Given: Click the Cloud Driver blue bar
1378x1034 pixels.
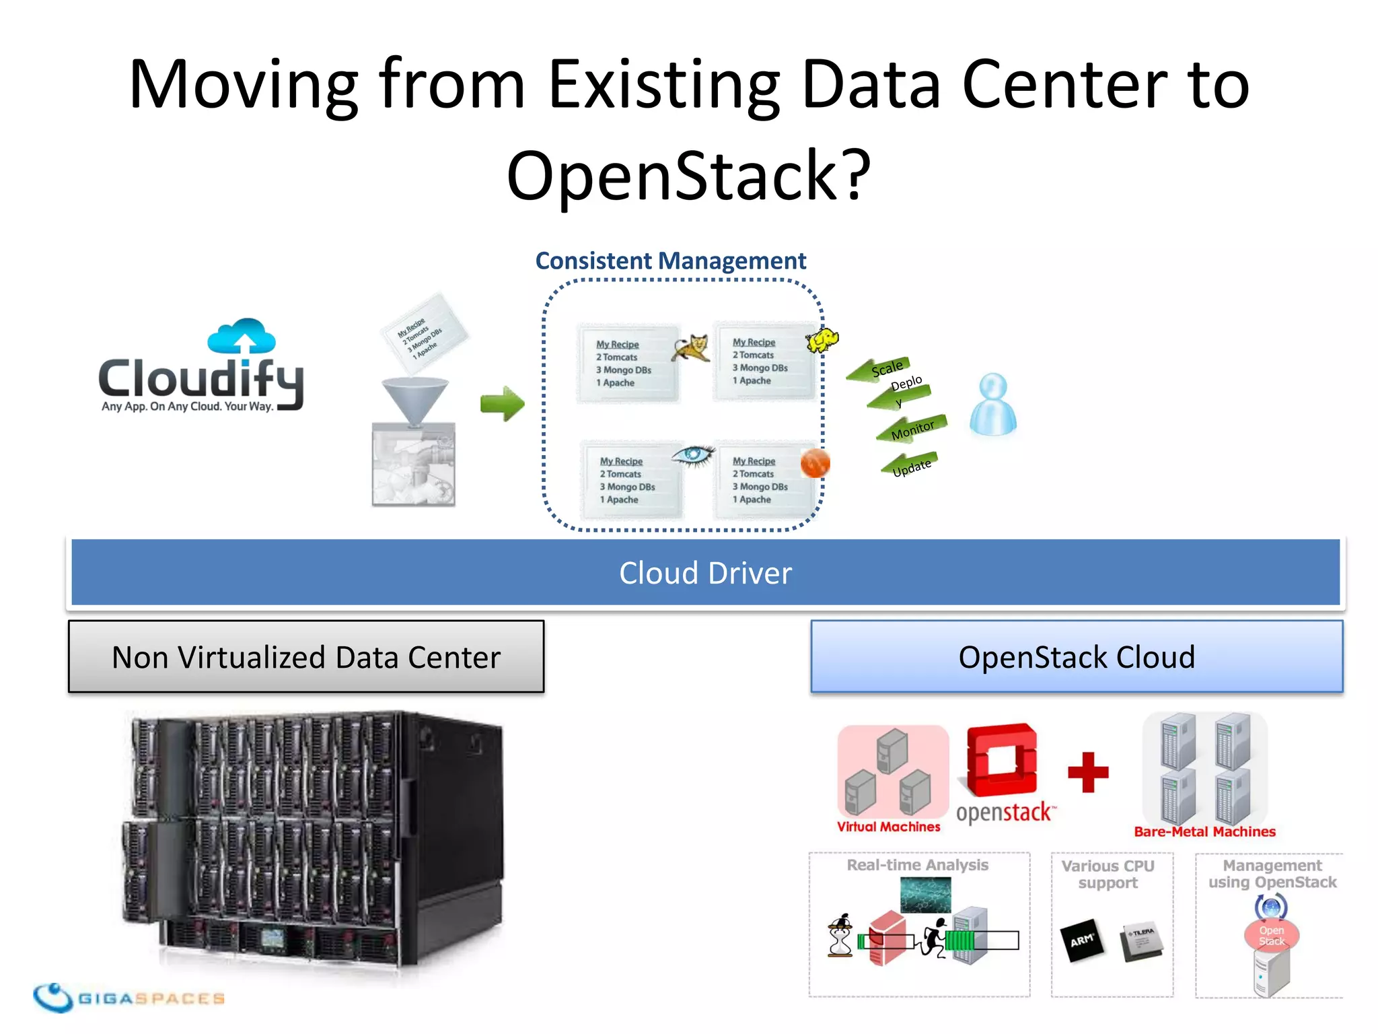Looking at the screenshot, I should tap(705, 573).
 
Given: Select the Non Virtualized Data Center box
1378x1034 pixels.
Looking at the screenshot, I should tap(306, 657).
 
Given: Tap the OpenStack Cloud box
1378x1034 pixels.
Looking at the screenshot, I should tap(1077, 657).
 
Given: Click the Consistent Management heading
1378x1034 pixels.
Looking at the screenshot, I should tap(671, 261).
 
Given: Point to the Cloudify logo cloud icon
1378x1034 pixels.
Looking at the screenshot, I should tap(242, 335).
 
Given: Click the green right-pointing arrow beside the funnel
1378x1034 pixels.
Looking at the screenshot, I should tap(502, 404).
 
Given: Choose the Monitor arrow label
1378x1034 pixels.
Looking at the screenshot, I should tap(912, 429).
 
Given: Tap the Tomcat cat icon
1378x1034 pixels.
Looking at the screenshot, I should tap(692, 349).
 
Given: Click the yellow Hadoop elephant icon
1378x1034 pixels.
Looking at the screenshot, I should tap(822, 339).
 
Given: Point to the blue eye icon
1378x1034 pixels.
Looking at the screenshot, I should tap(692, 456).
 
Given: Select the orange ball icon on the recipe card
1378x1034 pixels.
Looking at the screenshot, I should tap(815, 463).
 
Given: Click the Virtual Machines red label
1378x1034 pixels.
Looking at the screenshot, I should tap(888, 827).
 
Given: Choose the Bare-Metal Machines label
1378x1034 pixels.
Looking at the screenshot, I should tap(1204, 831).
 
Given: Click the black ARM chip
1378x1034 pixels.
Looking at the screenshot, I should tap(1082, 940).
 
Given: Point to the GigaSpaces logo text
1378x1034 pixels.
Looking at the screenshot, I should tap(151, 998).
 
